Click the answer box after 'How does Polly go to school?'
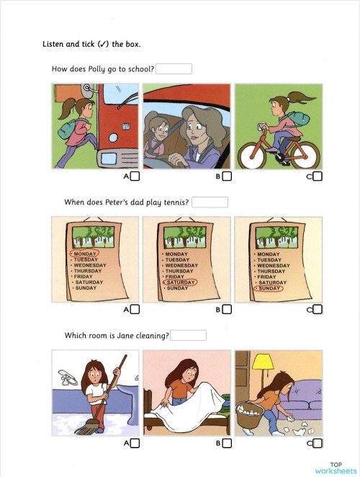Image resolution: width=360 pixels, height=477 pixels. [x=174, y=69]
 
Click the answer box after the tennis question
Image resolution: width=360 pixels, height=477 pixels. [x=210, y=202]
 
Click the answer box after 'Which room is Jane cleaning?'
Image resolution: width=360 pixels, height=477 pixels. [x=188, y=335]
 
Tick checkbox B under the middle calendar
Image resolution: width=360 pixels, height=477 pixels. [x=227, y=310]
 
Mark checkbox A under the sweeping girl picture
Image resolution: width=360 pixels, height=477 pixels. [x=135, y=443]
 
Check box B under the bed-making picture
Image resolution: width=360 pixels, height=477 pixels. [x=227, y=443]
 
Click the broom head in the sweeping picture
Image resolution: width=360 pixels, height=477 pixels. [x=86, y=429]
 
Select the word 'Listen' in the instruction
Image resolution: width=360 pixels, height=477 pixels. [x=55, y=44]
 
